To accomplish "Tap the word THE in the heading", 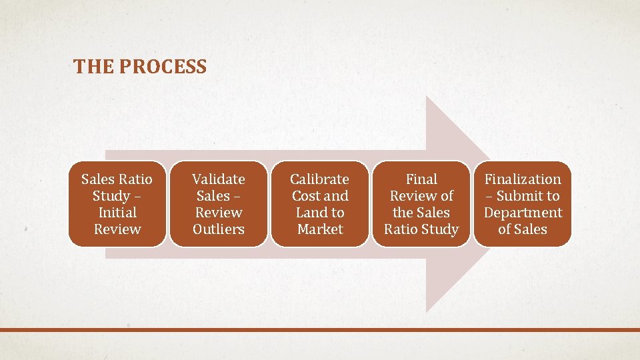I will click(90, 67).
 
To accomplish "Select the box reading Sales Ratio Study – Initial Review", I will click(117, 204).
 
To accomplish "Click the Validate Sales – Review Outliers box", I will click(219, 204).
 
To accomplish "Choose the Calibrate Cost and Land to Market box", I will click(320, 204).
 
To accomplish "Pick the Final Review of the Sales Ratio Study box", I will click(421, 204).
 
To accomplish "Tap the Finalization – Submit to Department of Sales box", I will click(523, 204).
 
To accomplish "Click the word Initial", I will click(117, 213).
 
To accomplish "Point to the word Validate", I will click(219, 179).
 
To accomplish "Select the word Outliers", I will click(219, 229).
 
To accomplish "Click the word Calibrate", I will click(320, 179).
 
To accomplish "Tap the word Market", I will click(320, 229).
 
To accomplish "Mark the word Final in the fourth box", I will click(421, 179).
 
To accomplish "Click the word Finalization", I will click(523, 179).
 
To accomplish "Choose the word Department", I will click(523, 213).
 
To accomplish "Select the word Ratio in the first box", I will click(136, 179).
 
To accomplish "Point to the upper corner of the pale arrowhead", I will click(427, 97).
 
